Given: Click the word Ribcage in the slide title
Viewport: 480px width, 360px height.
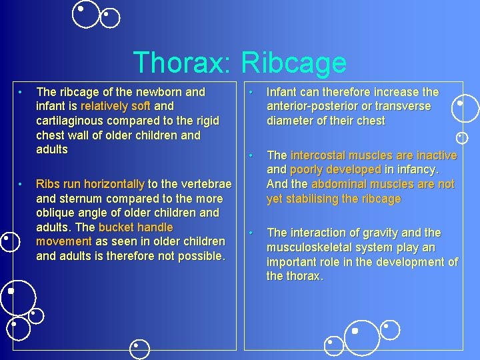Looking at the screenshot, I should tap(293, 63).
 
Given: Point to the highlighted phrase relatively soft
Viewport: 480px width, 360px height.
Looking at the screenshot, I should tap(115, 106).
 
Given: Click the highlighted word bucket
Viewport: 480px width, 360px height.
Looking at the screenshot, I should tap(116, 227).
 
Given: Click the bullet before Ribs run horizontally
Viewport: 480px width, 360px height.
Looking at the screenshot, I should tap(22, 183).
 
